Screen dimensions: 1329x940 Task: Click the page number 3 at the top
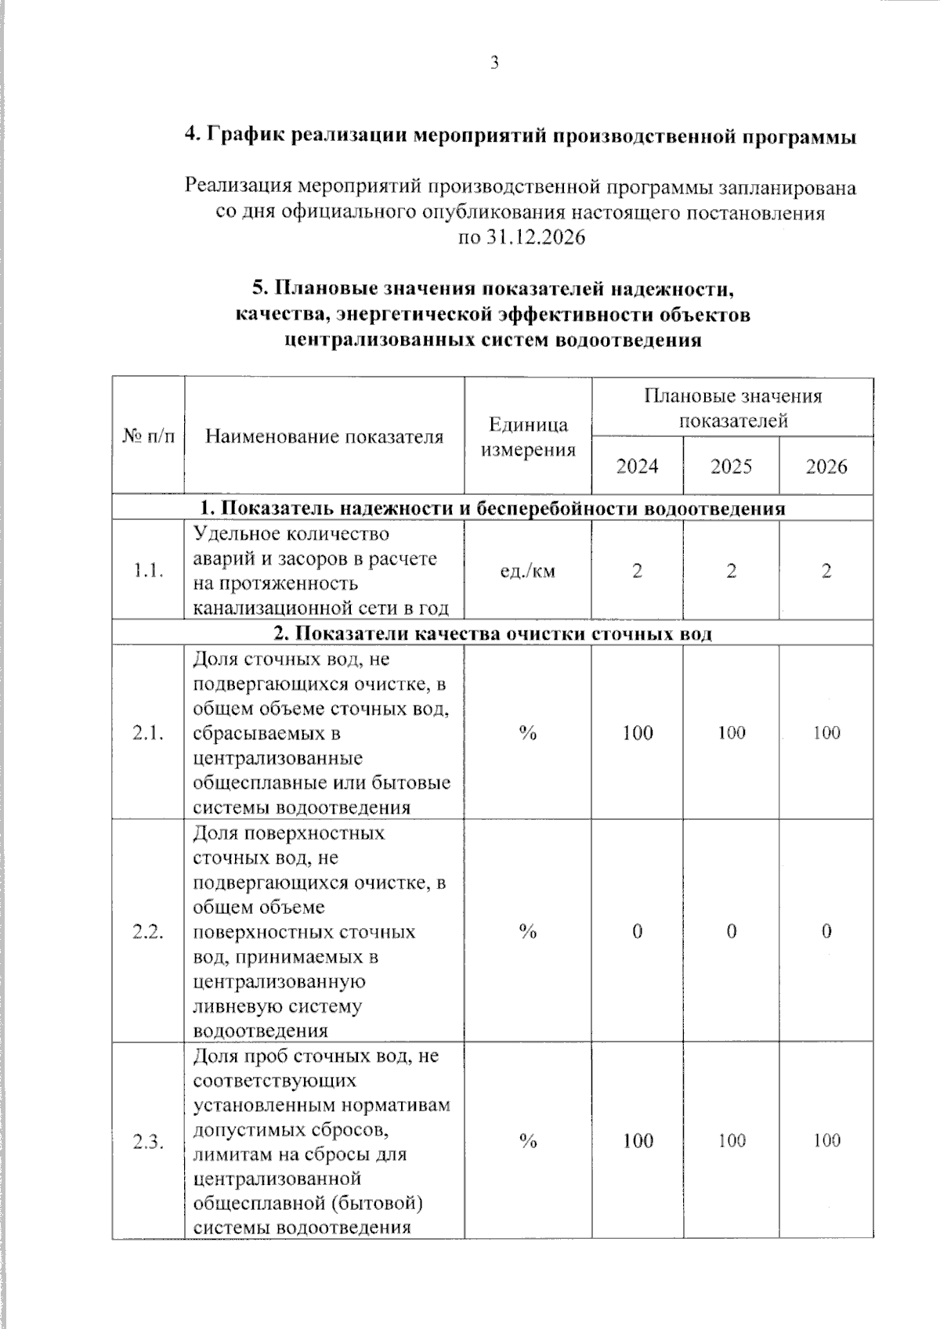tap(494, 63)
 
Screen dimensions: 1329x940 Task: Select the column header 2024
tap(637, 467)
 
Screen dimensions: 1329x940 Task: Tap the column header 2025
tap(731, 467)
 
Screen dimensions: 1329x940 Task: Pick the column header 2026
tap(826, 467)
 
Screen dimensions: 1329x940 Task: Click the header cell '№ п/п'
tap(148, 436)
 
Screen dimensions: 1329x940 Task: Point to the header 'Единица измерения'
tap(528, 437)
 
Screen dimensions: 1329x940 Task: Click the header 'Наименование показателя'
tap(324, 436)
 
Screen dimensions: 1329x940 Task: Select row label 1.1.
tap(148, 571)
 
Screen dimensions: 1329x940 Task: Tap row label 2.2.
tap(148, 932)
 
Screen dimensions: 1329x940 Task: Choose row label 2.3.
tap(148, 1142)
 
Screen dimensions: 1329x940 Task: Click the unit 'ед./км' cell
tap(528, 571)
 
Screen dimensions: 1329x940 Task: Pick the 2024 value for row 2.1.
tap(638, 733)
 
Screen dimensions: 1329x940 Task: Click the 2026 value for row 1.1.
tap(826, 571)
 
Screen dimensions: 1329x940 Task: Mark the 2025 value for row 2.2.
tap(731, 932)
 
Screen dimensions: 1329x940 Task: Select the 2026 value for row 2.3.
tap(826, 1141)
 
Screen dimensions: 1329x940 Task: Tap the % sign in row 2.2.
tap(528, 932)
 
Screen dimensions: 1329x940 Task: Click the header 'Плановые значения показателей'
tap(732, 408)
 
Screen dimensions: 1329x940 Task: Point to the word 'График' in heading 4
tap(245, 136)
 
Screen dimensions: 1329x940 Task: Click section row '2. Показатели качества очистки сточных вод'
tap(492, 634)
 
